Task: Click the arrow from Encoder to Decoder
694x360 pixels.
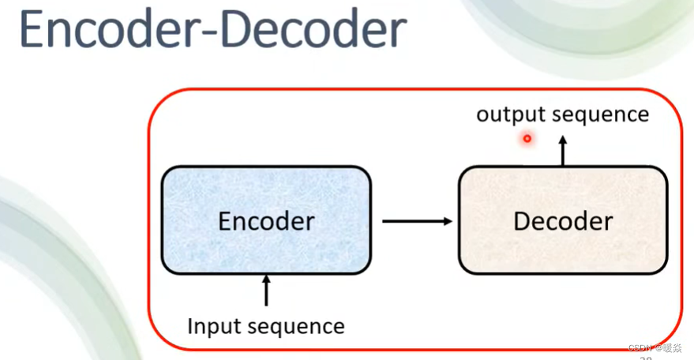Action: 417,221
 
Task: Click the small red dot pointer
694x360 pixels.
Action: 527,139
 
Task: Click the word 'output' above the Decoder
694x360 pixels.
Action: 511,115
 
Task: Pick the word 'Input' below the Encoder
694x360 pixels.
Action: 212,326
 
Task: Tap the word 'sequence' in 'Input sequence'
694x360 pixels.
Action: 296,326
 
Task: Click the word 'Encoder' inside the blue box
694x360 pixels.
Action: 266,222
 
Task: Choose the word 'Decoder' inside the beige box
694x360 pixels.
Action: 563,221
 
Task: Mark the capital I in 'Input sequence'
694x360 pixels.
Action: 190,325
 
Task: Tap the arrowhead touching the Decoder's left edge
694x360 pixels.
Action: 448,221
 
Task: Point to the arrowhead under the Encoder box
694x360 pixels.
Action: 266,279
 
